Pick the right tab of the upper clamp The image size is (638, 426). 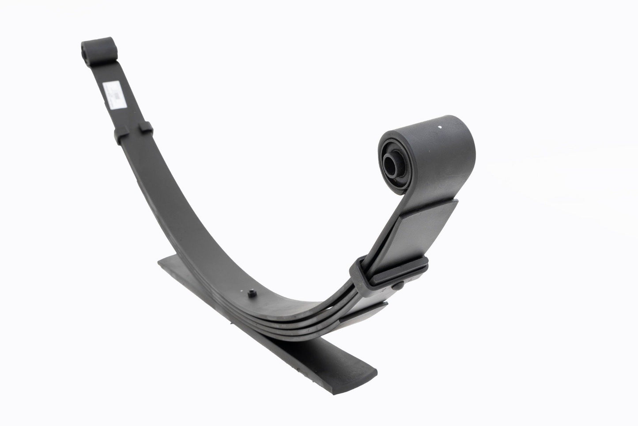click(x=147, y=128)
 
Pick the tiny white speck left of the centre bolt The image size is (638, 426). click(x=242, y=295)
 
